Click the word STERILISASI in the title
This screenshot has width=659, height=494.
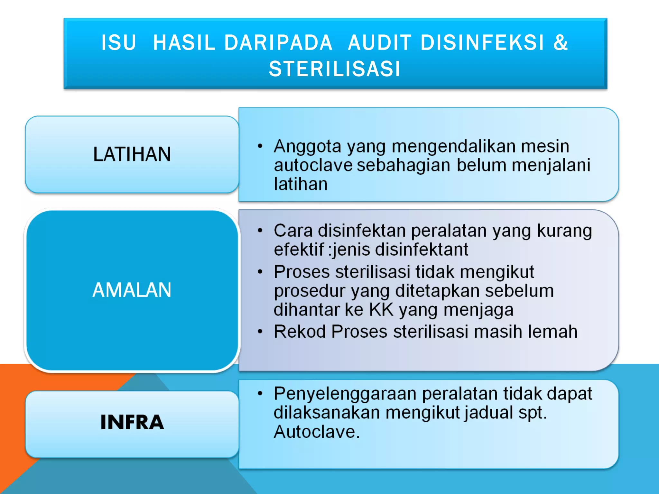335,69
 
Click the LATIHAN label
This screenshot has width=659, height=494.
132,154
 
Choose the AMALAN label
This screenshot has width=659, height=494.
132,290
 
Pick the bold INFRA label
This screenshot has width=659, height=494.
132,422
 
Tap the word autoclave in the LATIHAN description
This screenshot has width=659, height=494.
313,165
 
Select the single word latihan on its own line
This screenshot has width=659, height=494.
301,184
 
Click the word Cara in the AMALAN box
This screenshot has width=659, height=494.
293,231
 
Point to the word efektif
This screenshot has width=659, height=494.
299,250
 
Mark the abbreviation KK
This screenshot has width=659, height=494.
381,310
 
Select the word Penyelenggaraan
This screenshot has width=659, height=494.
345,394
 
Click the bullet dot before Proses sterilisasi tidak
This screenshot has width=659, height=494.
260,272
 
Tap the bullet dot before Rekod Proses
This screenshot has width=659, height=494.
260,332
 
